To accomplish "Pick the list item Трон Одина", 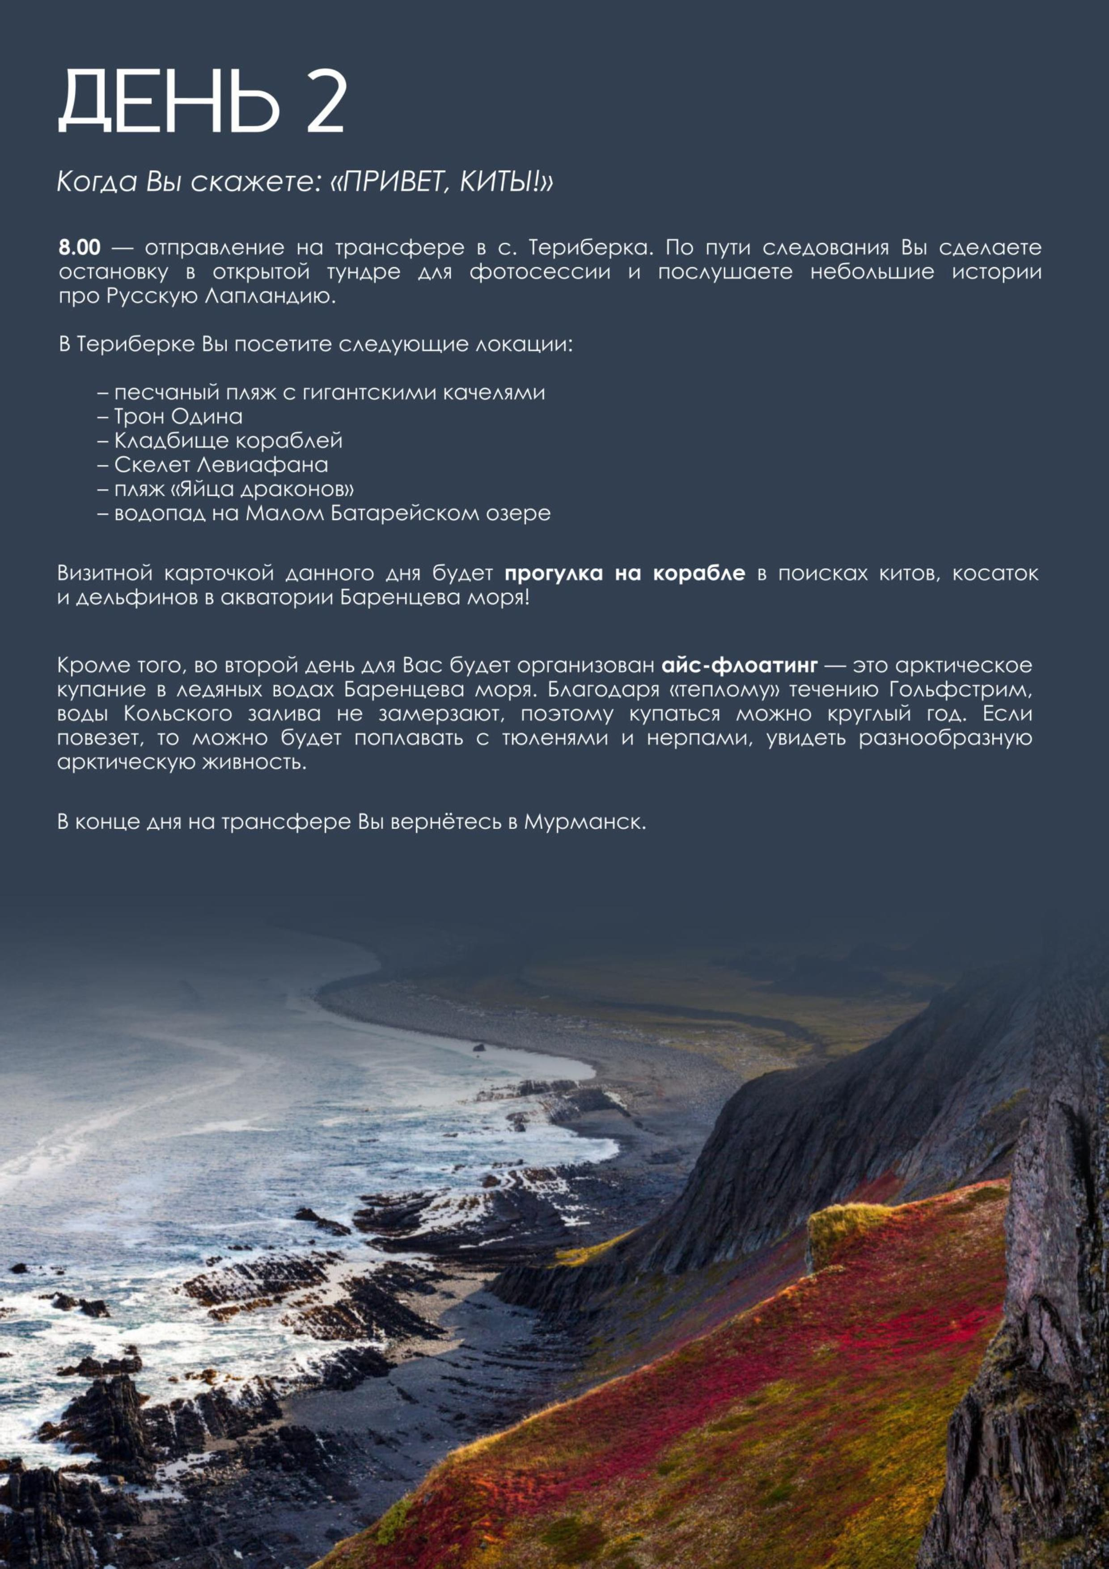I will point(178,416).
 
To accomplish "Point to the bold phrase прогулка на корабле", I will point(625,573).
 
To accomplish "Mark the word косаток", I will point(995,573).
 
